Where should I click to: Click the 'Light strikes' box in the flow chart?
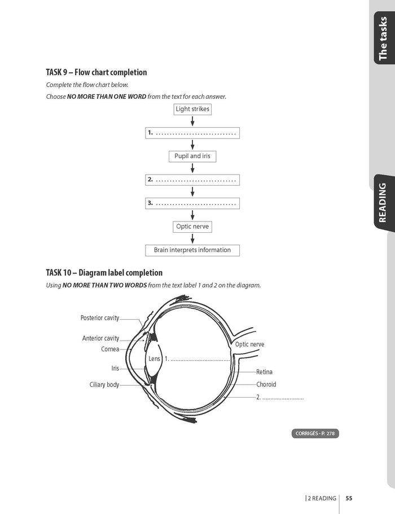point(192,109)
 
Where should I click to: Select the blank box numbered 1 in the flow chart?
point(192,133)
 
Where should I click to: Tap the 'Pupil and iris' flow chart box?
point(192,156)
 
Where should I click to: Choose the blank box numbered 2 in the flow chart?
point(192,180)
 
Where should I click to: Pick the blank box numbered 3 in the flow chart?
point(192,203)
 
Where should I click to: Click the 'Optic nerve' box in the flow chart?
point(192,226)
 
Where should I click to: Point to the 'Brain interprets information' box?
point(192,250)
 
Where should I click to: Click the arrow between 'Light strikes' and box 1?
point(192,121)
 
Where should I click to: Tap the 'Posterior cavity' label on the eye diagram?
point(100,318)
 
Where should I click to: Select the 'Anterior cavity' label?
point(101,338)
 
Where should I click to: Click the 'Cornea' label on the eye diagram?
point(110,349)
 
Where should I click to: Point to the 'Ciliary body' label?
point(104,385)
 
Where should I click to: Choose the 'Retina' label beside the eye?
point(264,372)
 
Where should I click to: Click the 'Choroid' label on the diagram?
point(266,385)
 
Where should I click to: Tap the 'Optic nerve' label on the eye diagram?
point(249,345)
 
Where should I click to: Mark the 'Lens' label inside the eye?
point(155,359)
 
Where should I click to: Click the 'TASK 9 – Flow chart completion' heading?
point(96,72)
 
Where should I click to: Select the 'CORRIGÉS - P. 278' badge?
point(316,434)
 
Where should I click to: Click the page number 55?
point(349,498)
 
